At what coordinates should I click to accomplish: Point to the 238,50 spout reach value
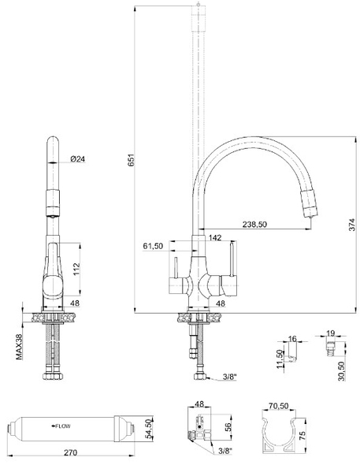click(x=254, y=225)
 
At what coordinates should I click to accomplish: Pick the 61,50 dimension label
click(x=153, y=246)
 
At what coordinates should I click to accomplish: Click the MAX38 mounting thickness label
click(x=19, y=344)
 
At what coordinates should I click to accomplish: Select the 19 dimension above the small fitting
click(x=332, y=333)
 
